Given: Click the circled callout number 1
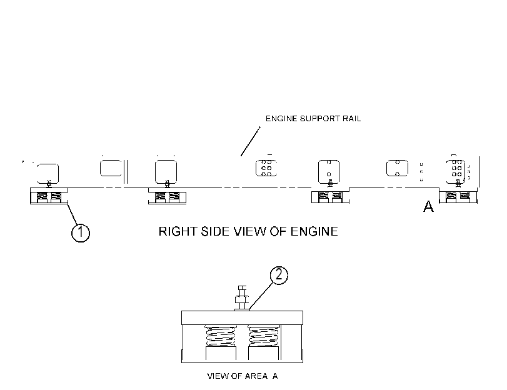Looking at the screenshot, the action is click(81, 233).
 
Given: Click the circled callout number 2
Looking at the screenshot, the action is click(279, 275).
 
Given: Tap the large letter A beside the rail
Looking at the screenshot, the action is click(428, 206).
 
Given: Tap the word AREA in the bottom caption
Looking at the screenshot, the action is click(256, 376).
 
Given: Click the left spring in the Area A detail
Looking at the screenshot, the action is click(221, 336).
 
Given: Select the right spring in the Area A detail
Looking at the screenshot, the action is click(264, 336).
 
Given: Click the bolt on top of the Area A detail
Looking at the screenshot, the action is click(242, 298).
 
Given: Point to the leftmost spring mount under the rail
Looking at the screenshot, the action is click(49, 196).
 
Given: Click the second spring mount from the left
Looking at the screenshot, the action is click(167, 196).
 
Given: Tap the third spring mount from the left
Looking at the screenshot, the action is click(331, 196).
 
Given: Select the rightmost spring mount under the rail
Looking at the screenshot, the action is click(458, 196).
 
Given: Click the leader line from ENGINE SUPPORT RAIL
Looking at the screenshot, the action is click(251, 141).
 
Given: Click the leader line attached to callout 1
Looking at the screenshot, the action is click(73, 214).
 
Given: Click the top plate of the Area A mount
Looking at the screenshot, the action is click(242, 318).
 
